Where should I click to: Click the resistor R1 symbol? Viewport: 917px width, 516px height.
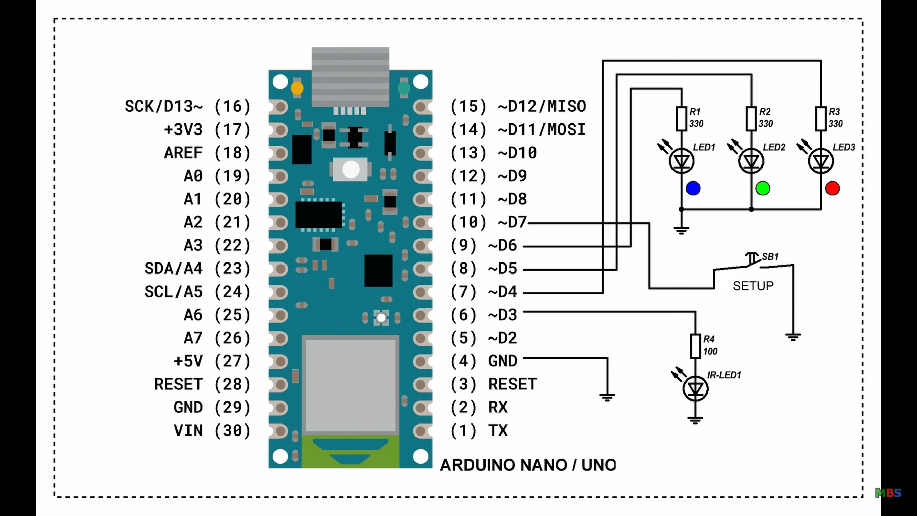(682, 118)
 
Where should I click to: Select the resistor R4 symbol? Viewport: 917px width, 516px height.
(695, 345)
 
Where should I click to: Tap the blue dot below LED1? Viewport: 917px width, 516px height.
(693, 188)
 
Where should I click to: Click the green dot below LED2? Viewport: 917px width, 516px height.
(763, 188)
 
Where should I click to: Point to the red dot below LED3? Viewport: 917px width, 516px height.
(832, 188)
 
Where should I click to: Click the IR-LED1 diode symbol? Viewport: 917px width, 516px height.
(695, 389)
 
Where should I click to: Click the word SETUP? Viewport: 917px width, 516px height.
(753, 286)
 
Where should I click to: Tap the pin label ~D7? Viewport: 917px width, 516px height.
(512, 222)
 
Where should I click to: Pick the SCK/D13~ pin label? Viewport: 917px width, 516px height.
(164, 106)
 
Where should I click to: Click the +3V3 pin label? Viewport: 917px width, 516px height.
(183, 129)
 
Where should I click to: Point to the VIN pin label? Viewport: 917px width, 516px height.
(188, 430)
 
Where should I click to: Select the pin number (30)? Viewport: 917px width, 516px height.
(233, 430)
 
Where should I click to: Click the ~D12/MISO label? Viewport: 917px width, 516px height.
(542, 106)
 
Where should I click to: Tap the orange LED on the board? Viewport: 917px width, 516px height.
(297, 88)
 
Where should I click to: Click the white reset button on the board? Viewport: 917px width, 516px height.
(351, 169)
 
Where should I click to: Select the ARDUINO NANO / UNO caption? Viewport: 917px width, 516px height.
(528, 465)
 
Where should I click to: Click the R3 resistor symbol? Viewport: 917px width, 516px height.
(821, 118)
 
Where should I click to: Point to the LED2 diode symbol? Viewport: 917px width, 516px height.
(751, 161)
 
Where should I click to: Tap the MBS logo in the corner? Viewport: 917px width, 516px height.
(888, 493)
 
